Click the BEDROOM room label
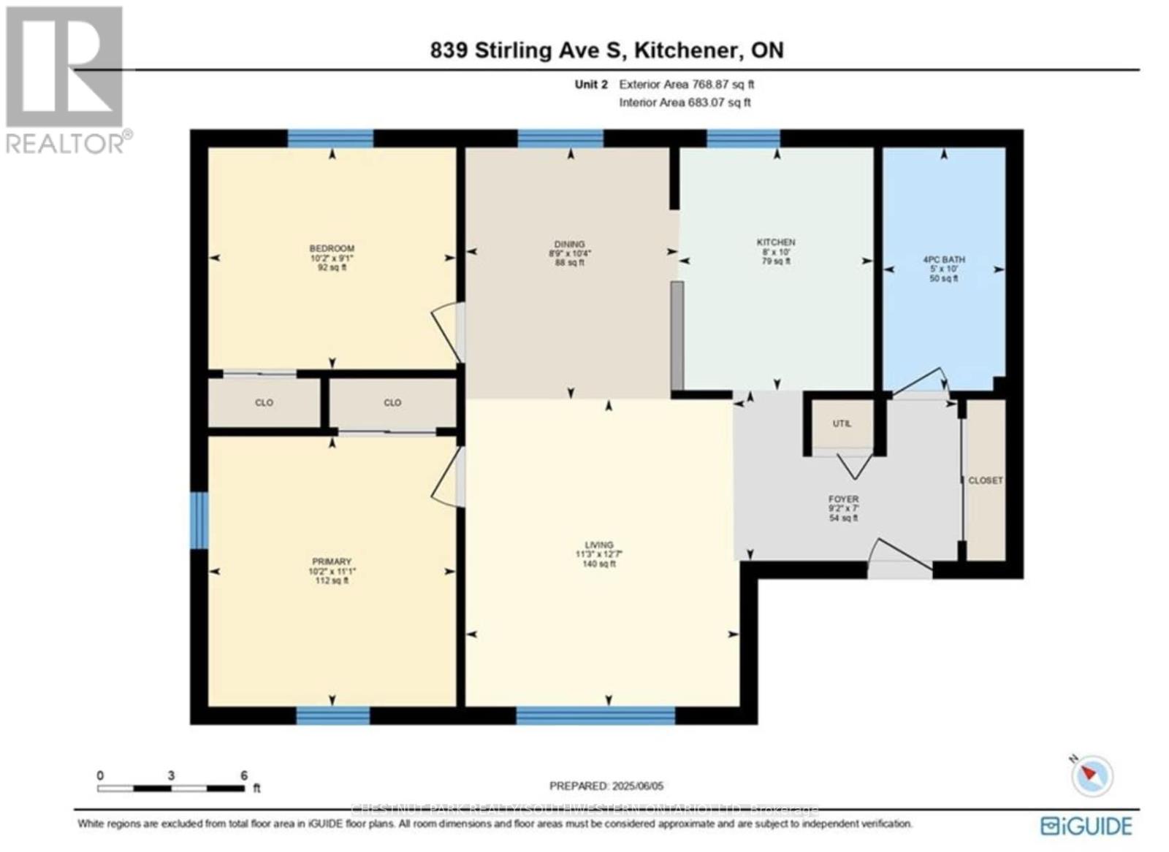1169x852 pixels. tap(332, 249)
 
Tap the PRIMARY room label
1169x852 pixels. tap(332, 562)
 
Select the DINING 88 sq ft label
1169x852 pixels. tap(569, 253)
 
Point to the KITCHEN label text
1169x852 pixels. tap(776, 242)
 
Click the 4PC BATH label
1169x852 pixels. tap(943, 260)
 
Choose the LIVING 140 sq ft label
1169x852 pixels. tap(598, 554)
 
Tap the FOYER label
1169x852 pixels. tap(843, 499)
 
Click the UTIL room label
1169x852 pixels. tap(842, 423)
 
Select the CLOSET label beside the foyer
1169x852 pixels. tap(985, 480)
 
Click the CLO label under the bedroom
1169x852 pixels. tap(264, 403)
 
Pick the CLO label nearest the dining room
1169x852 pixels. tap(392, 403)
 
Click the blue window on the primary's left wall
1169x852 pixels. tap(199, 520)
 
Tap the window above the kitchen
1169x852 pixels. tap(743, 138)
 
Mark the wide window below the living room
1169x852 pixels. tap(595, 715)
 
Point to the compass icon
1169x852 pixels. tap(1092, 775)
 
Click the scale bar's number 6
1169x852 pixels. tap(244, 775)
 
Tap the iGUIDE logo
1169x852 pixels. tap(1086, 826)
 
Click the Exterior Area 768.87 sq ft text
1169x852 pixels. tap(686, 85)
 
